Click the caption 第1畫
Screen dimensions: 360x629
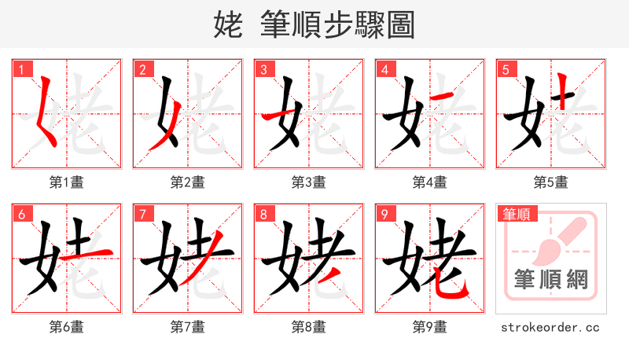tap(66, 182)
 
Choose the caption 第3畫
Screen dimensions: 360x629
tap(308, 182)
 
